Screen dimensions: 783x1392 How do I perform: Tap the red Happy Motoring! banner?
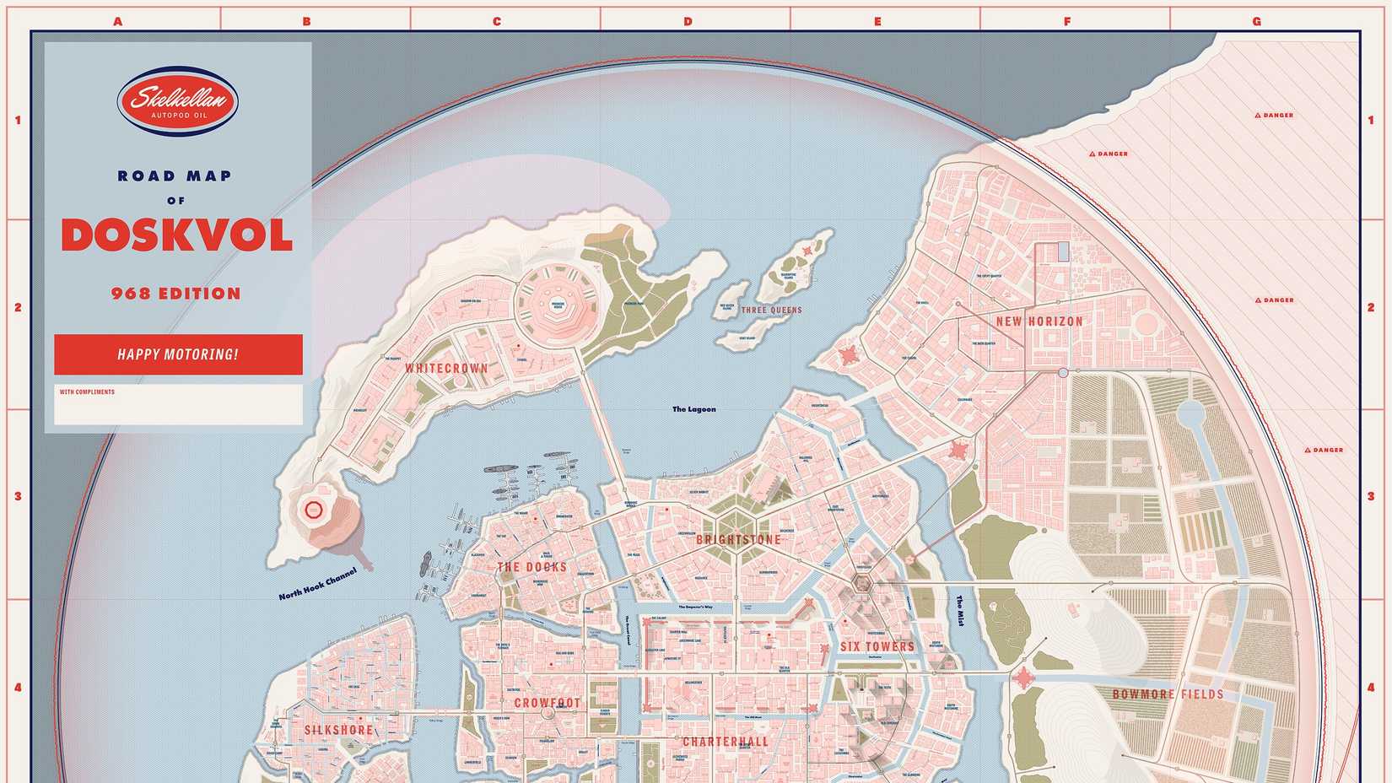point(178,354)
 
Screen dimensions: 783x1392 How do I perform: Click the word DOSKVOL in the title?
point(177,235)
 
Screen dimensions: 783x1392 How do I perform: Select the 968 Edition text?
point(176,294)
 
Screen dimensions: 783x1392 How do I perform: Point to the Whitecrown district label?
point(446,369)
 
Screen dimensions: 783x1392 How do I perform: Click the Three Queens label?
point(771,310)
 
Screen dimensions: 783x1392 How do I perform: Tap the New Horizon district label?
point(1039,321)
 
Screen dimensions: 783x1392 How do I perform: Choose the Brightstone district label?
point(738,540)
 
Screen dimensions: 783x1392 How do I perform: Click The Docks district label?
point(531,567)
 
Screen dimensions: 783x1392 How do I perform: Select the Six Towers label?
point(877,647)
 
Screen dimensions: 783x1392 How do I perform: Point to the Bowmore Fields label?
point(1168,694)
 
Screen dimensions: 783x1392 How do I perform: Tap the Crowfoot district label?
point(548,703)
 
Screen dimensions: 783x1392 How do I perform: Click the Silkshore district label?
point(338,731)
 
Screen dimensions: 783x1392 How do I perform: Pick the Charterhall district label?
point(725,742)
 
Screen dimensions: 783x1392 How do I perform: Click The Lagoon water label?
point(693,409)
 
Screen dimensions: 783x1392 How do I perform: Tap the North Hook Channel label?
point(317,584)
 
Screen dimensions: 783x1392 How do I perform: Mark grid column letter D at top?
point(688,21)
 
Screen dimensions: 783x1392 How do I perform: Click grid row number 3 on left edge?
point(18,496)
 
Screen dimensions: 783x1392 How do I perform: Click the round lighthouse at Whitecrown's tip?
point(312,510)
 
